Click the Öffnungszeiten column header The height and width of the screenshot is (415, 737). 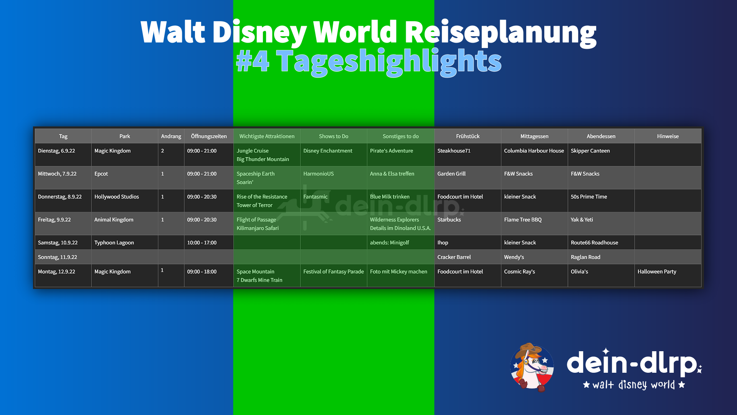209,136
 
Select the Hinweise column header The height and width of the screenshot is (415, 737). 668,136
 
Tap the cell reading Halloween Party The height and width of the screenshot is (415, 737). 657,272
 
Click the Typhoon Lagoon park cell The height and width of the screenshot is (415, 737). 114,243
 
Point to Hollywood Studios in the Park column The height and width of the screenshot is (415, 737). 117,197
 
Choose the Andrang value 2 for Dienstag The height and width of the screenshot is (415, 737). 162,151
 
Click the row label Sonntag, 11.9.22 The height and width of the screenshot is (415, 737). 58,257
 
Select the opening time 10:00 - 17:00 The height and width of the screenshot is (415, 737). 202,243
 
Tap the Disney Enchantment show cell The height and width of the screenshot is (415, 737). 328,151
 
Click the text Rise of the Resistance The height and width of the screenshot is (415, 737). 262,197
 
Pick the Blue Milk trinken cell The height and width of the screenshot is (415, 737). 390,197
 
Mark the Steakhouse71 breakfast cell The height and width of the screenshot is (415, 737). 454,151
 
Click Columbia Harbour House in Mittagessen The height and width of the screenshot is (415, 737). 534,151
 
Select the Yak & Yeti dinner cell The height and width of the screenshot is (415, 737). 582,220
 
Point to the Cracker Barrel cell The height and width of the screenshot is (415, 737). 454,257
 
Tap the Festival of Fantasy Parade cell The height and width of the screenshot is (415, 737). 334,272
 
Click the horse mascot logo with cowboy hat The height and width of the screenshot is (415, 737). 532,367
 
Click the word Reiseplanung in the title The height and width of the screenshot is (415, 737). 501,33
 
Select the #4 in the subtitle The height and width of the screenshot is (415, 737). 253,61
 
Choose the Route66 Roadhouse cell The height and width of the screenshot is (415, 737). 594,243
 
